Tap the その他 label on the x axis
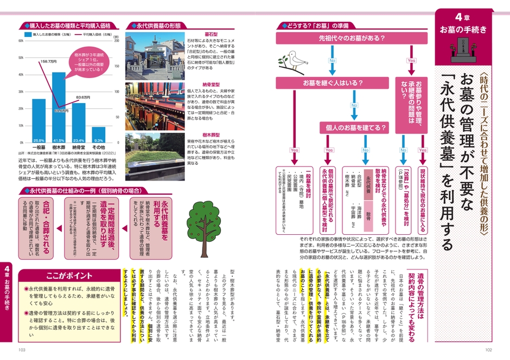tap(99, 147)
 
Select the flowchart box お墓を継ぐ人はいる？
tap(317, 83)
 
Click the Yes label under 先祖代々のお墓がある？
tap(411, 61)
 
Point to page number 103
tap(22, 350)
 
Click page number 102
tap(488, 350)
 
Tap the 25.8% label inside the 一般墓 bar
tap(39, 140)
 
